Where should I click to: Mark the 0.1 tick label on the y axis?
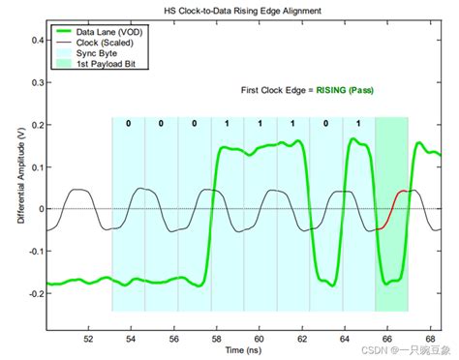pos(33,167)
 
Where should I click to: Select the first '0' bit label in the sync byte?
pos(128,124)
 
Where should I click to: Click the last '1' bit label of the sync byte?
pos(358,124)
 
